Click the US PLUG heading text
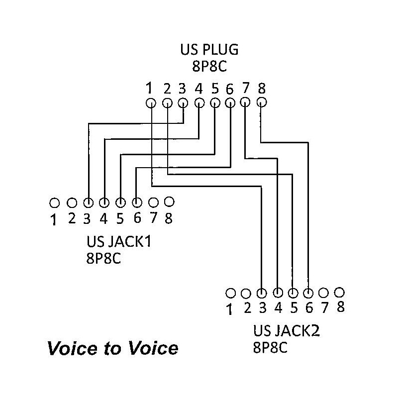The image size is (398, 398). point(209,50)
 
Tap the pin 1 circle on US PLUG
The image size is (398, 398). point(150,103)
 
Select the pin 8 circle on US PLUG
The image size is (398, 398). point(262,102)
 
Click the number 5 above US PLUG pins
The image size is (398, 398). point(215,89)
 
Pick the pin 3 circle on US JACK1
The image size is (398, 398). point(88,203)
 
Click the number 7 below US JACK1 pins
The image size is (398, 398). point(153,217)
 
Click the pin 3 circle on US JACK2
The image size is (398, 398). point(262,293)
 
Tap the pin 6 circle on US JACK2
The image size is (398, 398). point(309,293)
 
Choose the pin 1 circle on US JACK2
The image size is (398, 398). point(230,292)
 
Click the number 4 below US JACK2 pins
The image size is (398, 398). point(278,307)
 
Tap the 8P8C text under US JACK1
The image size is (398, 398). point(104,259)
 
